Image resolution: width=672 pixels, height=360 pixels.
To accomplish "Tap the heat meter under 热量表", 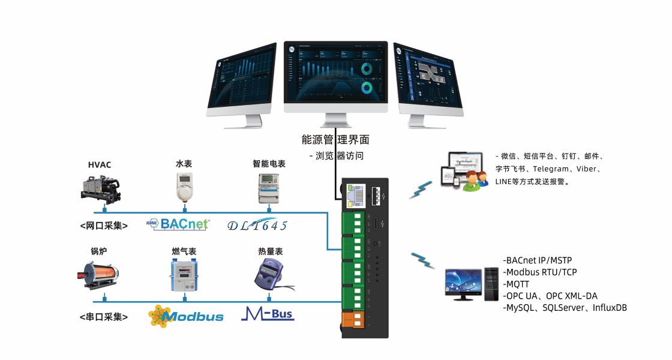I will tap(268, 273).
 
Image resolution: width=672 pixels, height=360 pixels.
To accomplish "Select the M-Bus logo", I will tap(268, 314).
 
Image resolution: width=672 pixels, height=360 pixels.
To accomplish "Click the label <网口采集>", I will tap(103, 226).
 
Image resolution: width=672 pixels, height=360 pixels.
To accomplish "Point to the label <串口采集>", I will tap(103, 316).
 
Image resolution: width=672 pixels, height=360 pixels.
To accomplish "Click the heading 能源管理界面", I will tap(335, 140).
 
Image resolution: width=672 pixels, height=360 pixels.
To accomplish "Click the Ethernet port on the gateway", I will tap(355, 193).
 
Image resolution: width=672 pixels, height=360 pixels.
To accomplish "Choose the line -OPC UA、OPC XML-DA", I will tap(550, 296).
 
